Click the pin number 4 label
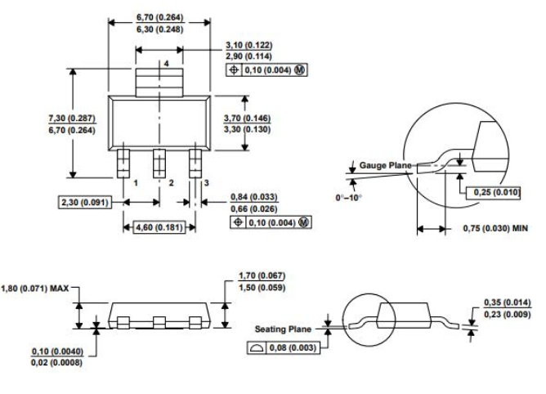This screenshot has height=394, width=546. tap(166, 63)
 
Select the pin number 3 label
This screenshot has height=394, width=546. tap(207, 184)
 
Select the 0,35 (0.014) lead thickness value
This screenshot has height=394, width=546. tap(503, 302)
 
